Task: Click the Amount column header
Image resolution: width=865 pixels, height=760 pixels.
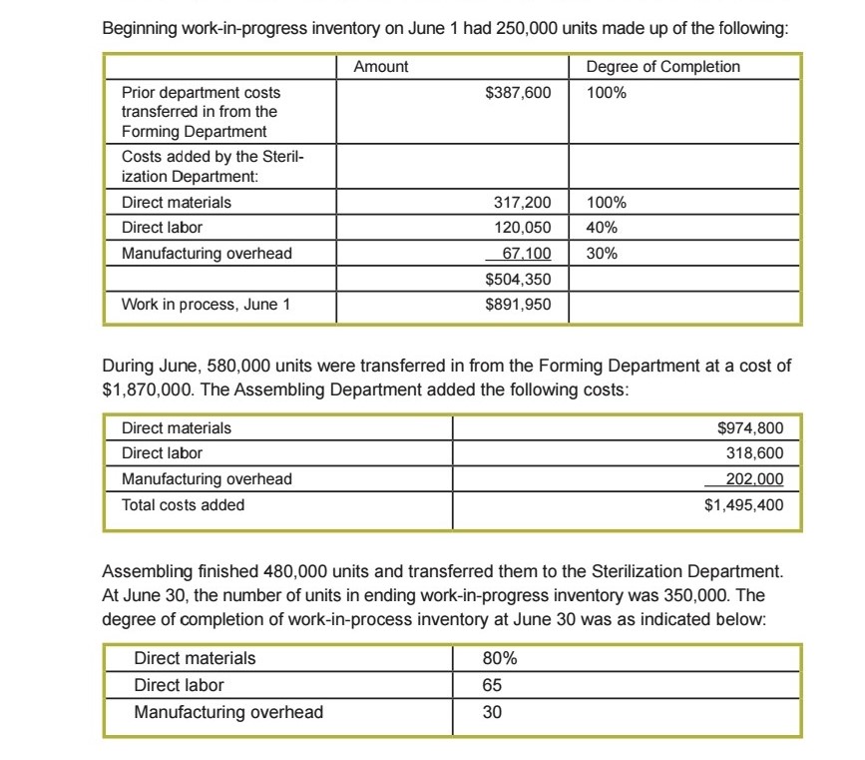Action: point(380,66)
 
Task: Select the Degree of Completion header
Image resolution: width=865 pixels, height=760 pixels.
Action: point(663,66)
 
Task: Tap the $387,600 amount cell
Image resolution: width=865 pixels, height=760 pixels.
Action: point(517,92)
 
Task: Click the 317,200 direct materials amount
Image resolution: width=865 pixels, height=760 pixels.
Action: point(523,202)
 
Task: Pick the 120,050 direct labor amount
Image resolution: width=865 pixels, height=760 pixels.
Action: point(523,227)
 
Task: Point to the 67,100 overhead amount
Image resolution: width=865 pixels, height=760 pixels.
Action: point(525,253)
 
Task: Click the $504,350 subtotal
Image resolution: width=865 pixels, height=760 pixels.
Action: point(517,278)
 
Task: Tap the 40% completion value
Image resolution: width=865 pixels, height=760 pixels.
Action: point(601,227)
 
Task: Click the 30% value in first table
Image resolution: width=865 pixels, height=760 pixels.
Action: point(601,253)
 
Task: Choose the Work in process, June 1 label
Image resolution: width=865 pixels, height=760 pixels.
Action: point(206,305)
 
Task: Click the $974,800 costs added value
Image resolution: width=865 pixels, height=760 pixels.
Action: point(750,428)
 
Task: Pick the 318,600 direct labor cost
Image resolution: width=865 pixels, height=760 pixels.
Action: point(756,453)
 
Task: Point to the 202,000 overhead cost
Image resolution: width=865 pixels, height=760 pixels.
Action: point(756,478)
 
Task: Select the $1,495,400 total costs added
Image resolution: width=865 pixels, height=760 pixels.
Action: point(743,504)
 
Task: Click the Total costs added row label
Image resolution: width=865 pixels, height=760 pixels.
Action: point(183,504)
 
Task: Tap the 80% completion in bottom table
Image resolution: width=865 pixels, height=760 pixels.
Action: point(499,658)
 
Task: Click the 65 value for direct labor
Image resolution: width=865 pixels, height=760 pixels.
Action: point(492,685)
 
